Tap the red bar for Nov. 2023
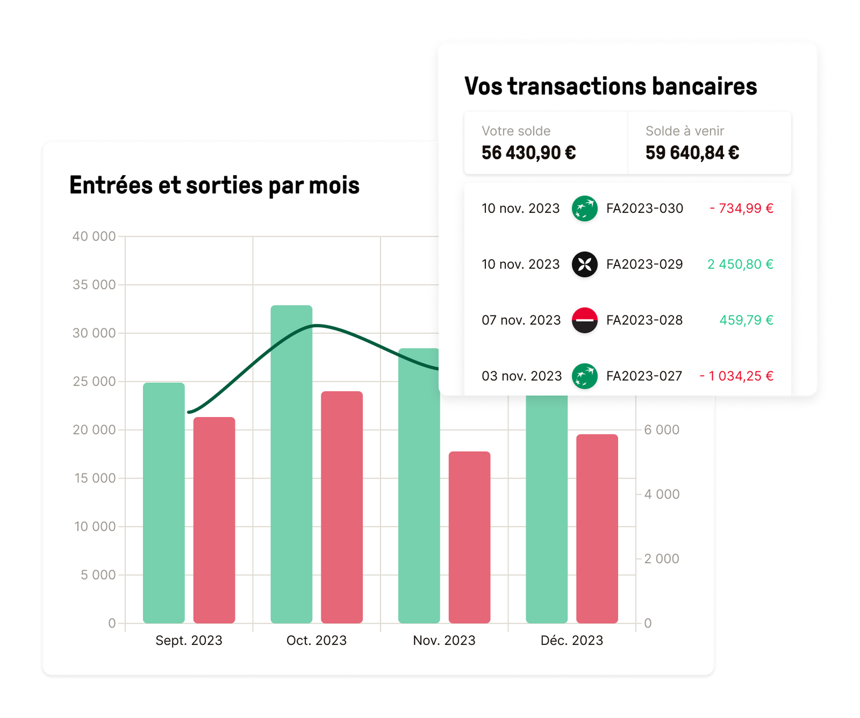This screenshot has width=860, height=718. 469,537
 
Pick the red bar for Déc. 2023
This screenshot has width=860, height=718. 597,529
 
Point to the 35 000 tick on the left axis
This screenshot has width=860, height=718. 94,285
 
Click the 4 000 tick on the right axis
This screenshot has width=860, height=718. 662,494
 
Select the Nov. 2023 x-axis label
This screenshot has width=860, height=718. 444,641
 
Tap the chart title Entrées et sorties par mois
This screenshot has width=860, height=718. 214,185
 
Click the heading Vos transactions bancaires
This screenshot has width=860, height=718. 610,86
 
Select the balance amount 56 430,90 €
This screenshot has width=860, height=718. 529,153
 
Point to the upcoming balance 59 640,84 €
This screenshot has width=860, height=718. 692,153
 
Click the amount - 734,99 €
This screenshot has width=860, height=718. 741,208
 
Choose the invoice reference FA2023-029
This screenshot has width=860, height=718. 644,264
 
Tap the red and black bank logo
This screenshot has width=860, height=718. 585,320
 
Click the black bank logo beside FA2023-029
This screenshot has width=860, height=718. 585,264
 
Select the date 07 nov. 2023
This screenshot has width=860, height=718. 521,320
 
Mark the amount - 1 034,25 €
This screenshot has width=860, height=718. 736,376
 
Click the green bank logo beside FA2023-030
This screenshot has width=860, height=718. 585,208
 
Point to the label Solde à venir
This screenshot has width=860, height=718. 684,131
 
